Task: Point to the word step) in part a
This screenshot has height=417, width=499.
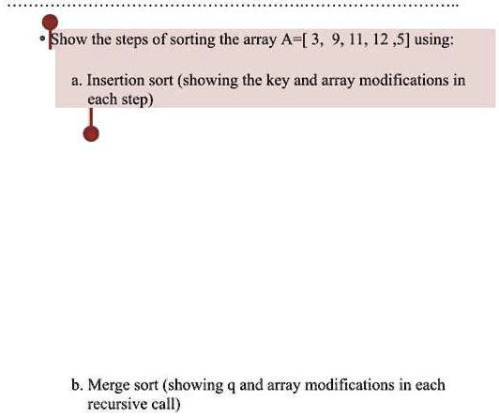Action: (131, 98)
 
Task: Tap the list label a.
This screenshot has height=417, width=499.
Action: (76, 81)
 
